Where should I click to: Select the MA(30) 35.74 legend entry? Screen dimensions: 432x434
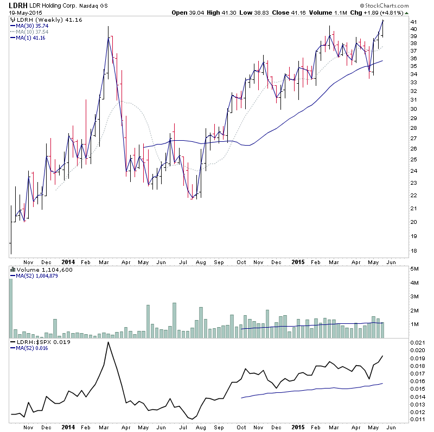pos(31,26)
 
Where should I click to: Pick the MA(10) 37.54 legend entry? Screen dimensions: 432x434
pos(31,32)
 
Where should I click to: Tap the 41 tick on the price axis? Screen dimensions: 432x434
pos(414,29)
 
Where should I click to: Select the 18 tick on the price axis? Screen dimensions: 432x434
pos(414,251)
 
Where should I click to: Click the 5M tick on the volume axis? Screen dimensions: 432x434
pos(414,269)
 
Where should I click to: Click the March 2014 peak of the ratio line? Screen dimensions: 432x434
pos(108,342)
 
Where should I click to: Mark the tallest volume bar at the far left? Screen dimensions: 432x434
pos(10,304)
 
